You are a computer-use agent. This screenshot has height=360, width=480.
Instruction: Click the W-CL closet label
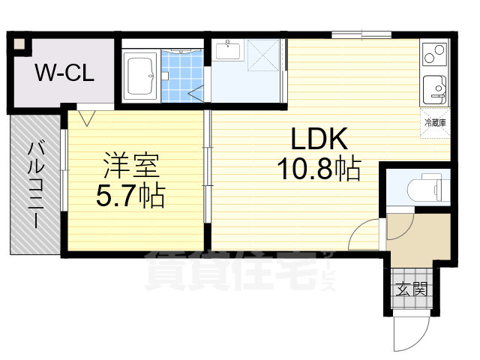coord(65,73)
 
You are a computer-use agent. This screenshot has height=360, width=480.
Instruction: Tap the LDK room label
coord(319,139)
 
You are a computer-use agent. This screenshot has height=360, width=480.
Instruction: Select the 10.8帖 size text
coord(319,169)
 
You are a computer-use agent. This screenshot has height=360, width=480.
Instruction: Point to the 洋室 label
coord(132,166)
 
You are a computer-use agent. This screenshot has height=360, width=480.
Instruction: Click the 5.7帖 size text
coord(130,196)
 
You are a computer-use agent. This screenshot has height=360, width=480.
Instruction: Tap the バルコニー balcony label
coord(36,184)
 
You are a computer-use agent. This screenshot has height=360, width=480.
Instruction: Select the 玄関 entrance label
coord(412,289)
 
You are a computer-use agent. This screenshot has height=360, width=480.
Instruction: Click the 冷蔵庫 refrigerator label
coord(435,123)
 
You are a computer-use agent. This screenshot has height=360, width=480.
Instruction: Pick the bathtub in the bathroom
coord(140,76)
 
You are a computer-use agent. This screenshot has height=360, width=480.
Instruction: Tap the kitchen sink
coord(435,90)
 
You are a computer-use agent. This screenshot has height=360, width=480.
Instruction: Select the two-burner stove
coord(435,53)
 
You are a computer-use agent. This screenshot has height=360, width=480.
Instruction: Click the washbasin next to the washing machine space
coord(227,51)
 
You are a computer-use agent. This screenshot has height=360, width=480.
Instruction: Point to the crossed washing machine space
coord(263,55)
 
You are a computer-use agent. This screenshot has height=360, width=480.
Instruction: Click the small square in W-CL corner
coord(20,44)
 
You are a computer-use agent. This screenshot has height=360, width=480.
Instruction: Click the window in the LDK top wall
coord(361,35)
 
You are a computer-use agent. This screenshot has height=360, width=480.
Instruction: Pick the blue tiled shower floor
coord(182,76)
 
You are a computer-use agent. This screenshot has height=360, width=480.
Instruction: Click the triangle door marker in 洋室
coord(87,118)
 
